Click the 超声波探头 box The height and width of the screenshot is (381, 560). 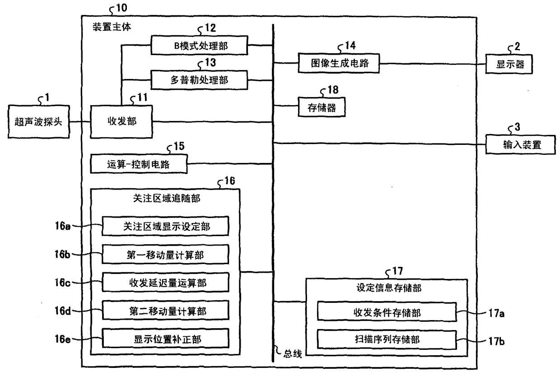click(39, 122)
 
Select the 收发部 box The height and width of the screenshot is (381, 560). click(121, 122)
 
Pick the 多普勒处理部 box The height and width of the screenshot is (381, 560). click(199, 80)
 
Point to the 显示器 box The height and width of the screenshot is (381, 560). click(510, 64)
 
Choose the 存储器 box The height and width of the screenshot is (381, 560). click(321, 107)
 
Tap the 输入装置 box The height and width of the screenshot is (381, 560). click(520, 145)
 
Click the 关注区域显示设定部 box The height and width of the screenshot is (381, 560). click(166, 227)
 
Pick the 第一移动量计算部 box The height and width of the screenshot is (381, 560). click(166, 255)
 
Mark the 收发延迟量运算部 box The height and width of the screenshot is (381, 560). click(166, 283)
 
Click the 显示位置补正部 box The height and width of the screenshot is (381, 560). click(166, 339)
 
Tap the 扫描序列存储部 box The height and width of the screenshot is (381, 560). click(387, 339)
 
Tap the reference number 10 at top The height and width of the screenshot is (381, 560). click(122, 8)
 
